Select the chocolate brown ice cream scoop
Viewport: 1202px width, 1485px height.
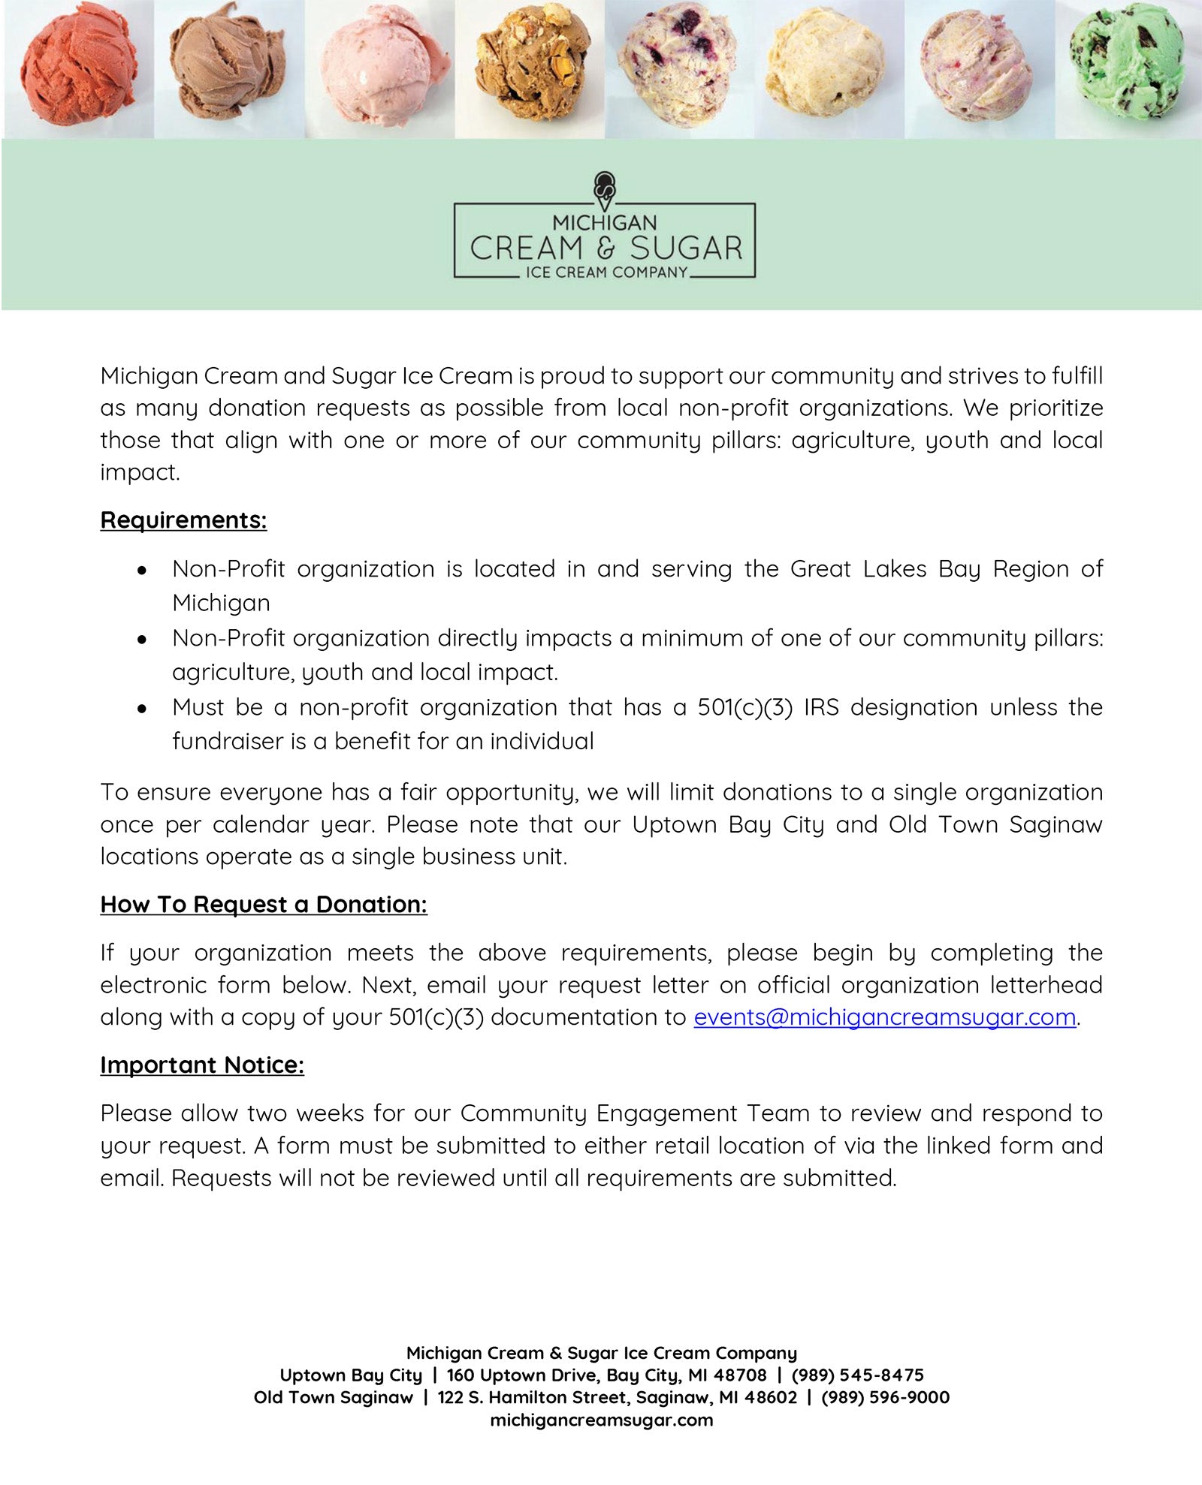[228, 64]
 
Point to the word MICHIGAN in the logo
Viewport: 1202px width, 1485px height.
[605, 223]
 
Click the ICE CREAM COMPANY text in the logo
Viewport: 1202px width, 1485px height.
[606, 273]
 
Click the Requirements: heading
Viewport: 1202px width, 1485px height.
[183, 520]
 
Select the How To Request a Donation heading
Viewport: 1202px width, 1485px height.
[264, 905]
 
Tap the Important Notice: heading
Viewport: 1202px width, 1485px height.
[202, 1065]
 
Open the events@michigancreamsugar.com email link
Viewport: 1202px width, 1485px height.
[884, 1017]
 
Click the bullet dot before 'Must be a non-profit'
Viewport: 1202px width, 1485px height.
[142, 708]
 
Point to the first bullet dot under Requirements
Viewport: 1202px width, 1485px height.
[142, 570]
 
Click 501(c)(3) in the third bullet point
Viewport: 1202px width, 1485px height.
[744, 707]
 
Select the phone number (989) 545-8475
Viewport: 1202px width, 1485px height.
[857, 1375]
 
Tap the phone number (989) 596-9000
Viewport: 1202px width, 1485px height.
[885, 1398]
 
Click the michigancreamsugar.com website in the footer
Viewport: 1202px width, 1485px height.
[601, 1420]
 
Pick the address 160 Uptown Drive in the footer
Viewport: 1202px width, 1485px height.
[606, 1375]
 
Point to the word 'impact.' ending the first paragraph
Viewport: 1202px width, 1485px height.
[140, 473]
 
